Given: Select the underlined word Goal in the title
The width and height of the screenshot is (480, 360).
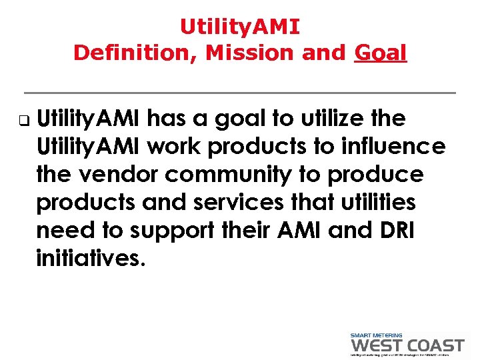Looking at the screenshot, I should pyautogui.click(x=381, y=53).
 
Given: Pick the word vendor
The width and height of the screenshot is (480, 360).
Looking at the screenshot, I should pyautogui.click(x=117, y=175).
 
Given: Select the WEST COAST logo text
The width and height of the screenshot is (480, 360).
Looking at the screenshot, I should pyautogui.click(x=407, y=345).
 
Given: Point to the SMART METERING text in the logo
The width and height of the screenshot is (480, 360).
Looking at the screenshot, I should pyautogui.click(x=377, y=335).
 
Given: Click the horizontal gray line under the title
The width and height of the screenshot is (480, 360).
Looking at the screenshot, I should pyautogui.click(x=240, y=92).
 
